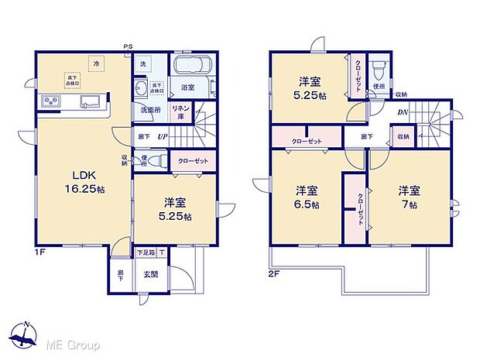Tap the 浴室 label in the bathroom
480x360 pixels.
187,88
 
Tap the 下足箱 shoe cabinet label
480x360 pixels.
146,252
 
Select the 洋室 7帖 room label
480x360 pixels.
409,197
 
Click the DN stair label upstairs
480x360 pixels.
403,112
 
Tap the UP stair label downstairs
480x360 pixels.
163,138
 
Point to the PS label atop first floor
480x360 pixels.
128,47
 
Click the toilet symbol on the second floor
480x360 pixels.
379,72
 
